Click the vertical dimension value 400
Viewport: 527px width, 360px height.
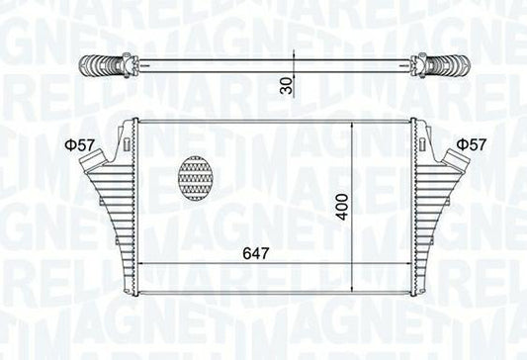341,206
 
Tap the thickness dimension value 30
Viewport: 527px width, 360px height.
287,84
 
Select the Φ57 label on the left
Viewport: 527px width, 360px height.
80,145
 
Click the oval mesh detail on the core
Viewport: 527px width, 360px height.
195,178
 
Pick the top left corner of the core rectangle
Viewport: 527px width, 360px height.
136,123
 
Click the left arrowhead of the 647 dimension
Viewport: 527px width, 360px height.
139,265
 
